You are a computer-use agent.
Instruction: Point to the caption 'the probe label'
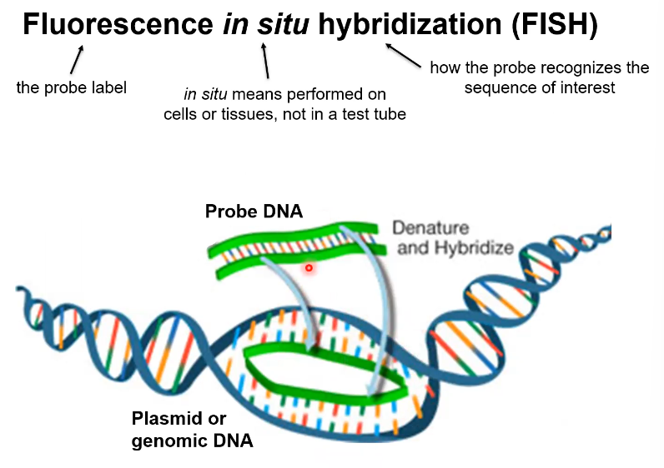(x=72, y=87)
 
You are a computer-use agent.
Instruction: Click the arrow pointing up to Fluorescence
(x=78, y=60)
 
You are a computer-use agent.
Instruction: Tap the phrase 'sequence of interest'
(x=540, y=87)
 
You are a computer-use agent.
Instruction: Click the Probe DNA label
(x=254, y=212)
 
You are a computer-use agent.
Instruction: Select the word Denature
(x=430, y=228)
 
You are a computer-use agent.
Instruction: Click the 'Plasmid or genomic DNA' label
(x=192, y=430)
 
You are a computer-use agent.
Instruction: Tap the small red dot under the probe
(x=309, y=268)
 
